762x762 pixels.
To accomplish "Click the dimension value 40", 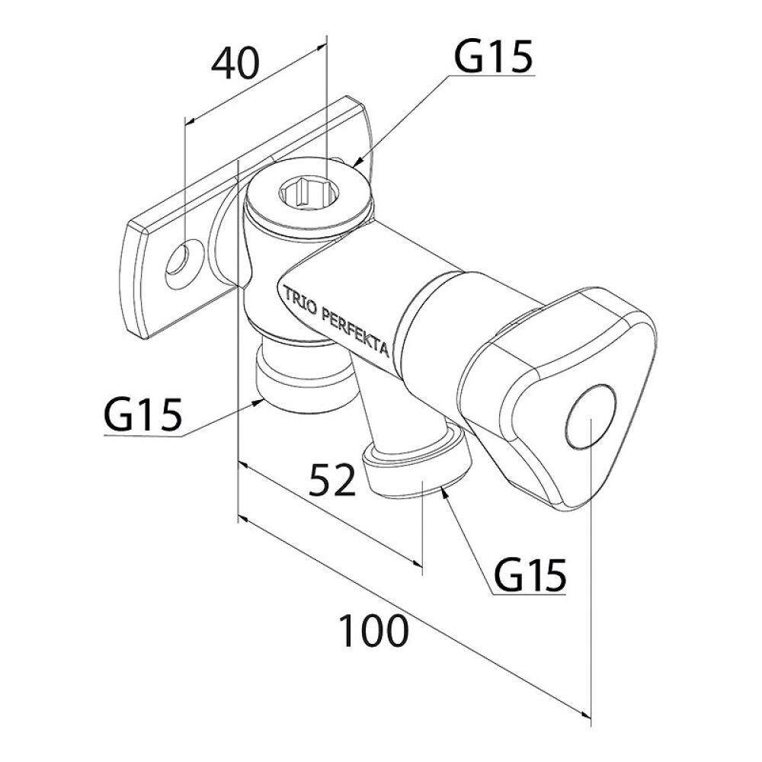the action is coord(235,64).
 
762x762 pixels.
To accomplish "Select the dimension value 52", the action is coord(332,479).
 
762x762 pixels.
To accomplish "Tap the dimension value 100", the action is coord(373,631).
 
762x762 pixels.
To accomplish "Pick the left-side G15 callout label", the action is coord(142,415).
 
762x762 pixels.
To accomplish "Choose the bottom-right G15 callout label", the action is coord(530,574).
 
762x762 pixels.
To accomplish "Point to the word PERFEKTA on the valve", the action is coord(356,333).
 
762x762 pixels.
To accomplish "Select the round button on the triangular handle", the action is coord(591,417).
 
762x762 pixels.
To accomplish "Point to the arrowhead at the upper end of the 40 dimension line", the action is coord(322,46).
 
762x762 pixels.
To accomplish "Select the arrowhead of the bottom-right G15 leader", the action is coord(443,492).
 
